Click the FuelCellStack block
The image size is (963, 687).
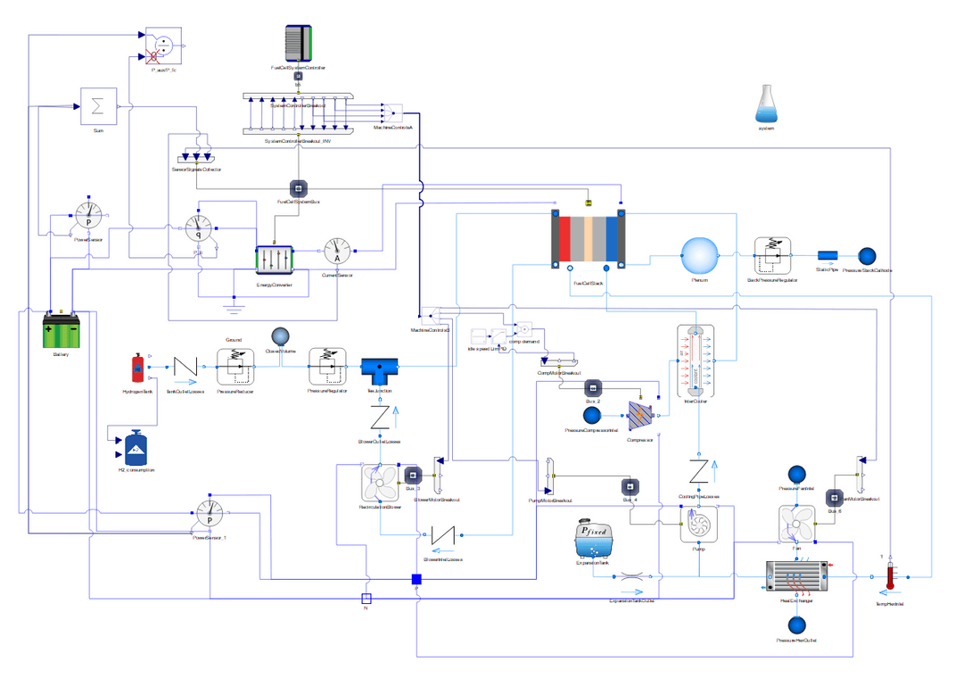588,242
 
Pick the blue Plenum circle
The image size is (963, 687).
700,256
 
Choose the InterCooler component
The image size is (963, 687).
692,361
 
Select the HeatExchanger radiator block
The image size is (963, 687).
797,575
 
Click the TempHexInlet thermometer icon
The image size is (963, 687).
889,576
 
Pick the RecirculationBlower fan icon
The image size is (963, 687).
381,484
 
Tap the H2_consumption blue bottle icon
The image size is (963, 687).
136,447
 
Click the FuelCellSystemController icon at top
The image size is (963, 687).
298,43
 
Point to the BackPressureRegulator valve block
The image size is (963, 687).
773,256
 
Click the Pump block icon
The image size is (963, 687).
699,524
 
